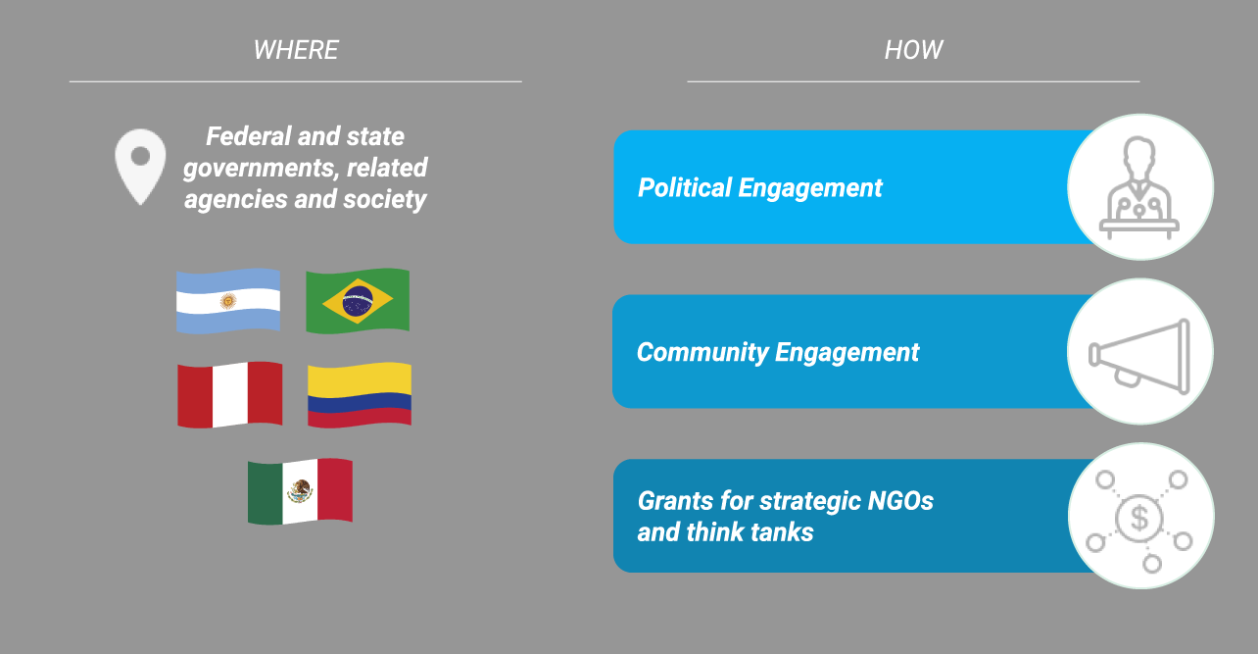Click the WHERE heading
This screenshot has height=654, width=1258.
coord(296,50)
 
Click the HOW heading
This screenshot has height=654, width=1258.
coord(914,50)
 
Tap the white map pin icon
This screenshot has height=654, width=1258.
coord(140,167)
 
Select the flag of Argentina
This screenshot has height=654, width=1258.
coord(228,301)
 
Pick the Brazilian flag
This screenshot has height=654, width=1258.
coord(358,301)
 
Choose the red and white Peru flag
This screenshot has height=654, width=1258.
coord(229,395)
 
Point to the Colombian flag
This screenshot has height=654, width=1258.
coord(360,395)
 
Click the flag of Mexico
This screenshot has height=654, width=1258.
coord(300,491)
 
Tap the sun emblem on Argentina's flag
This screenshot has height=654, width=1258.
coord(228,301)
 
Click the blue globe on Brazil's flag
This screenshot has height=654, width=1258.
coord(358,301)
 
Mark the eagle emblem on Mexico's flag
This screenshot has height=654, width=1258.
coord(300,491)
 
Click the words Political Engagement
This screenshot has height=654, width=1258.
coord(760,187)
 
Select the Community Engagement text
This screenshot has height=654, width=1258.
coord(778,352)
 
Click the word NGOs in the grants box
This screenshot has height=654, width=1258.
coord(900,501)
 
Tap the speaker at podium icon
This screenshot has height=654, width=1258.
coord(1138,187)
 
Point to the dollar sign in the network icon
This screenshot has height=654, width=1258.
coord(1138,518)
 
